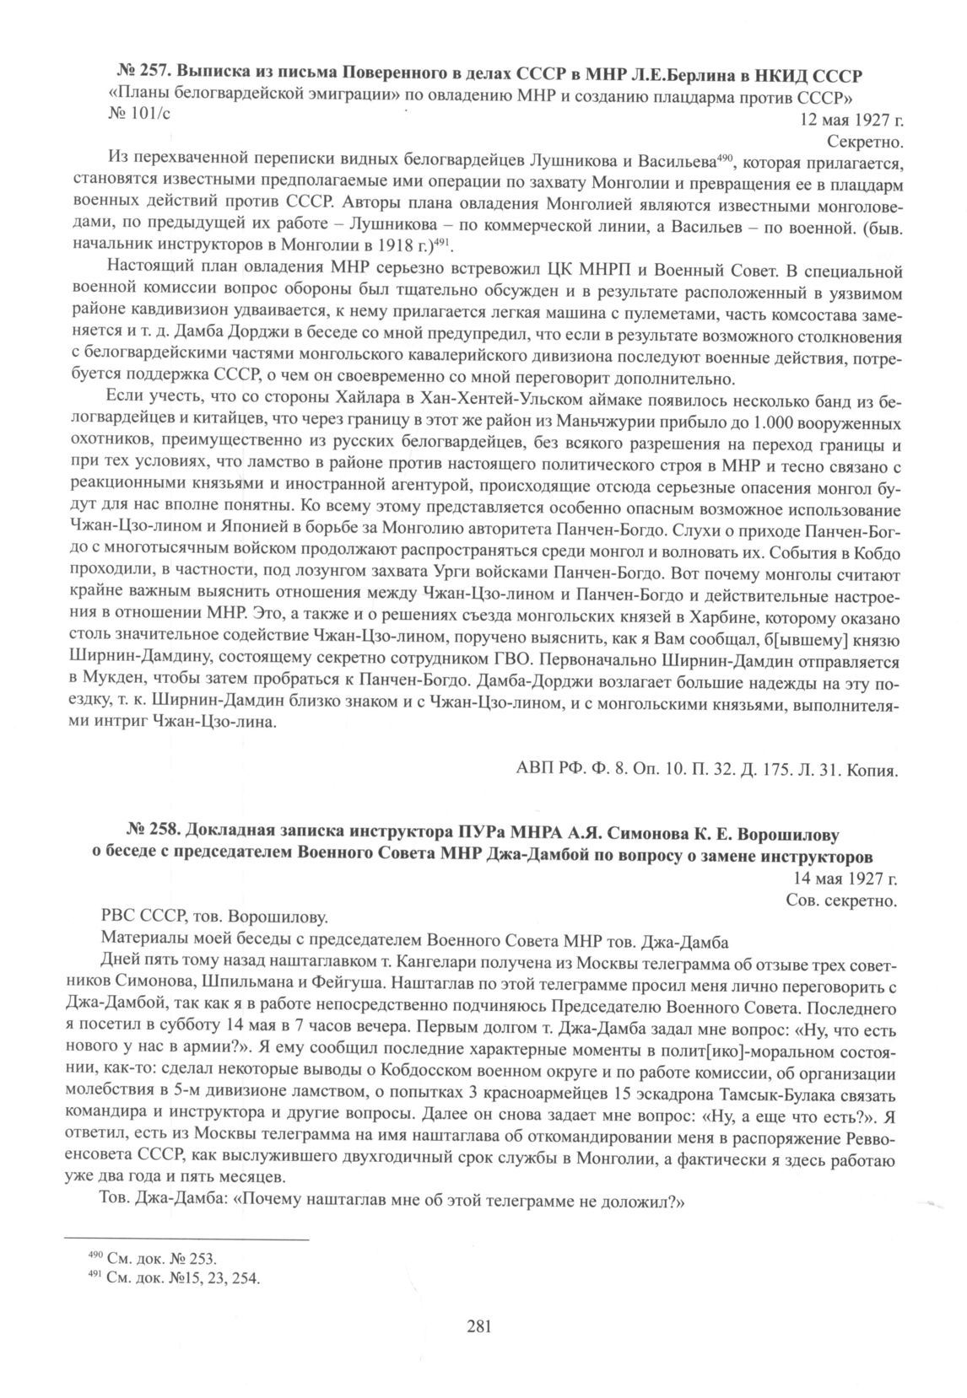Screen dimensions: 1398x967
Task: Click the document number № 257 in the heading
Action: click(x=140, y=68)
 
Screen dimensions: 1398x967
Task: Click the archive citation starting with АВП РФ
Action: click(x=705, y=768)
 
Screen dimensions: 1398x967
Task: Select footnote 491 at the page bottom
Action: click(x=174, y=1277)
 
